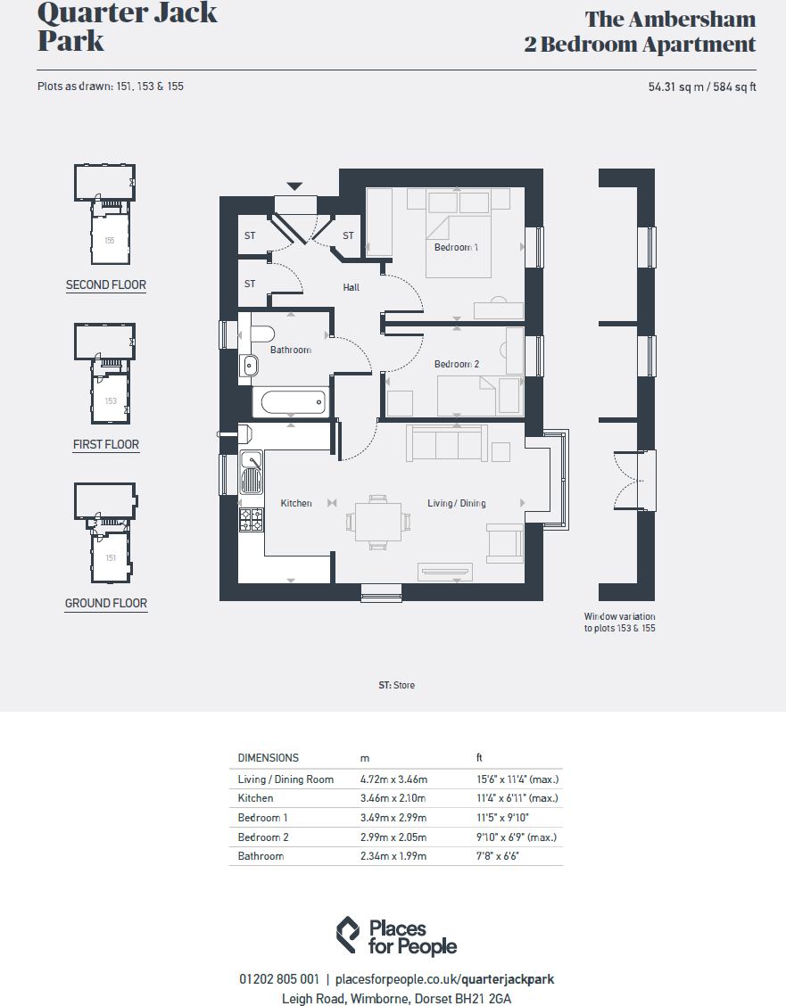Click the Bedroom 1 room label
(x=456, y=247)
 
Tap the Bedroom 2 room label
(x=457, y=364)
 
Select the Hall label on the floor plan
(x=352, y=287)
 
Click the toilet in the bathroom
(x=260, y=334)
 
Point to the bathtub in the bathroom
(x=292, y=401)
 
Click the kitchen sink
(x=252, y=472)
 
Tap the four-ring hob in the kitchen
(x=252, y=519)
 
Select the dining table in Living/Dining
(x=378, y=520)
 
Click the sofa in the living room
(x=447, y=443)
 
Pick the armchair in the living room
(x=505, y=542)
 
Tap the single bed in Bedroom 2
(x=479, y=395)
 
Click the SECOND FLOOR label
(x=106, y=285)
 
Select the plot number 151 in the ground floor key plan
(x=111, y=558)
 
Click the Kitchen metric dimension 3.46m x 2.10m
(x=393, y=798)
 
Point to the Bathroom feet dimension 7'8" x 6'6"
(x=497, y=856)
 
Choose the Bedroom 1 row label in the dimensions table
(x=262, y=818)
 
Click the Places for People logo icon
(x=348, y=936)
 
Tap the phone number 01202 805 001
(x=279, y=979)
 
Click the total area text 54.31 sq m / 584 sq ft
(x=701, y=87)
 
